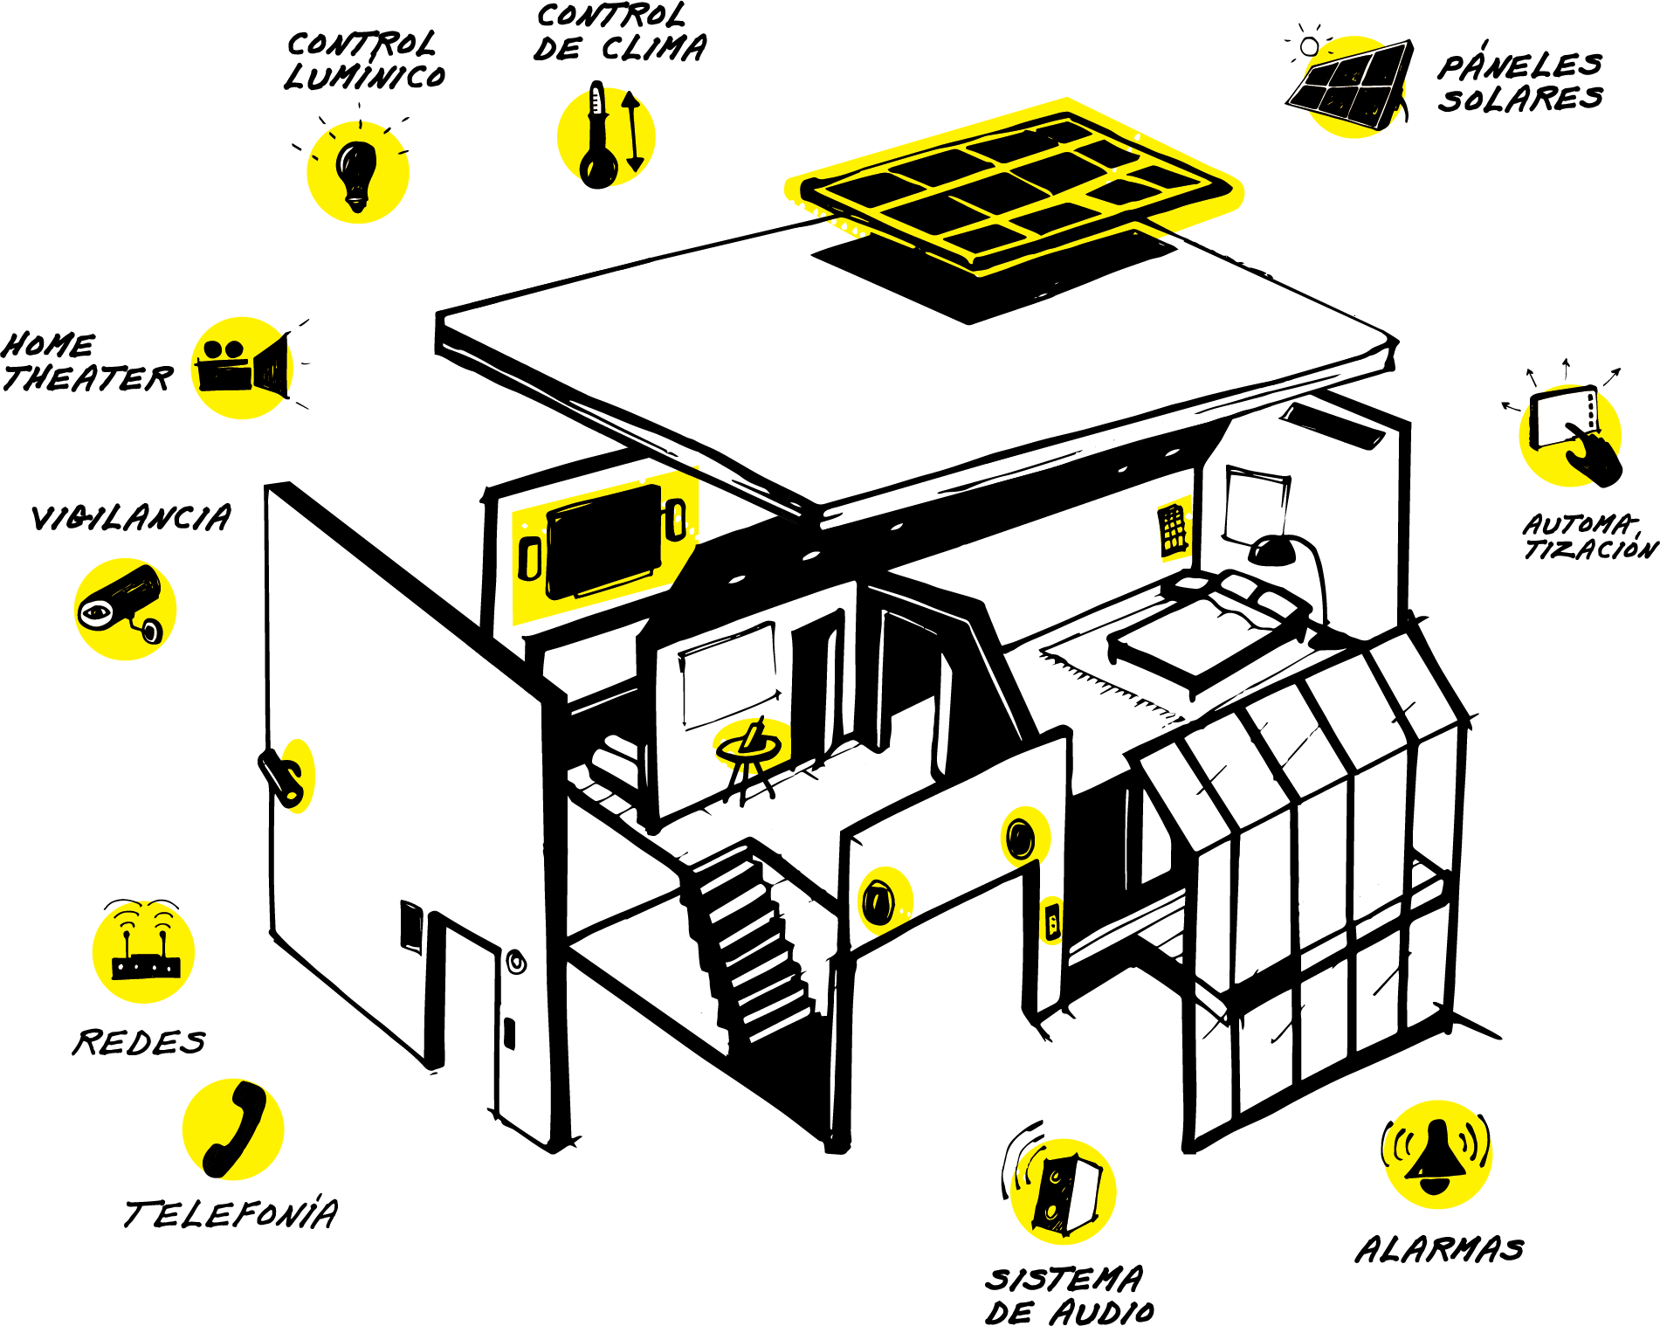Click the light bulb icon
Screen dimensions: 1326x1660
coord(357,173)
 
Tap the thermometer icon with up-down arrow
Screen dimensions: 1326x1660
coord(606,136)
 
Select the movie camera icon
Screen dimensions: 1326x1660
coord(242,368)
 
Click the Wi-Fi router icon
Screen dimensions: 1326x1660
coord(144,952)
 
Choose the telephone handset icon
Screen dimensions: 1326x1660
coord(233,1129)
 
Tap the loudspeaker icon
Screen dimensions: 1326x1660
coord(1064,1191)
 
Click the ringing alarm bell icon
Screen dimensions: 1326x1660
coord(1437,1155)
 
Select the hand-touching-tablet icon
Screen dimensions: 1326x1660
coord(1569,435)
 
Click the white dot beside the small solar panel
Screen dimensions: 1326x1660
coord(1309,46)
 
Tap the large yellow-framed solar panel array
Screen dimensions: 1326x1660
coord(1013,188)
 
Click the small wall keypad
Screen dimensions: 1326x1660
coord(1175,528)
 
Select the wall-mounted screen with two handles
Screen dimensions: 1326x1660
coord(603,546)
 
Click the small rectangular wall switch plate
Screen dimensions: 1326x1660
coord(1051,921)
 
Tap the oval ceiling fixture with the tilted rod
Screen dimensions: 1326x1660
coord(751,745)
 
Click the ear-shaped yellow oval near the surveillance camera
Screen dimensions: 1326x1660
coord(297,777)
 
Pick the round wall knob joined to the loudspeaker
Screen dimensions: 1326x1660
coord(884,901)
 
